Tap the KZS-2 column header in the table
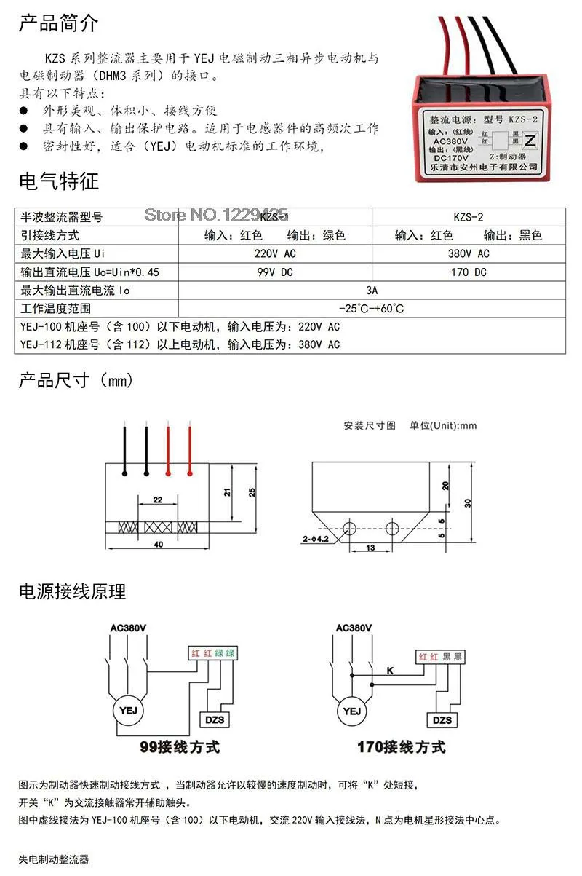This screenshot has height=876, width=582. pos(469,217)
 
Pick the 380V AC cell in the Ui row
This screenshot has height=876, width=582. pos(469,253)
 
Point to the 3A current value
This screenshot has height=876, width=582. pos(372,290)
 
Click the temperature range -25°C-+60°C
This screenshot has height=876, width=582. pos(372,308)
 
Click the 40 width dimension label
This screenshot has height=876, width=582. pos(159,544)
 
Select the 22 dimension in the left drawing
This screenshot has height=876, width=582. pos(158,500)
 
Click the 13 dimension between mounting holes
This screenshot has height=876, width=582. pos(370,547)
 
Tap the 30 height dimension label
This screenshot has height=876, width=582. pos(468,502)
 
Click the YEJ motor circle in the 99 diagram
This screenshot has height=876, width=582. pos(127,710)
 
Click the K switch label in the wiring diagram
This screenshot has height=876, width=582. pos(389,669)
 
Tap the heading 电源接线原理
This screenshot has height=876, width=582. pos(72,591)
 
